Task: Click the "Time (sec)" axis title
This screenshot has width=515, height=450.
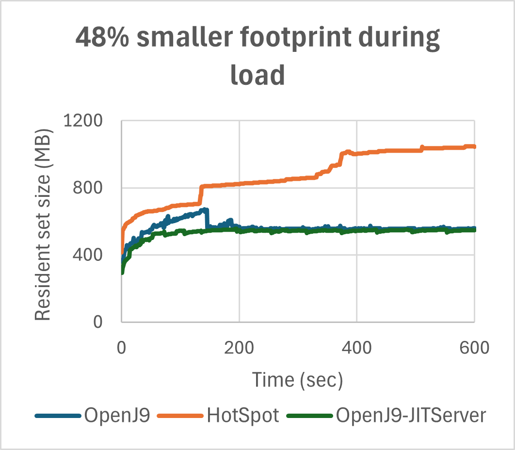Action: [297, 380]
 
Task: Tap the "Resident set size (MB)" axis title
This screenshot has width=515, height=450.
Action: [43, 224]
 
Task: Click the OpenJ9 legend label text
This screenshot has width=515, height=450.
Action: [116, 416]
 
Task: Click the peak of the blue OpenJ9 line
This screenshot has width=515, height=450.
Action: [206, 210]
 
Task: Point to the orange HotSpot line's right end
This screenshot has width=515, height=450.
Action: [474, 146]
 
